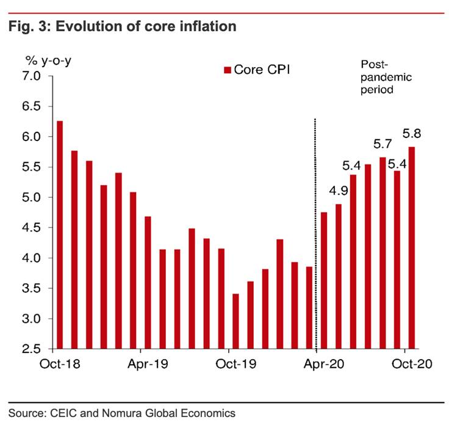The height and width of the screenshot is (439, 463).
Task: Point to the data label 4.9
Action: pos(338,190)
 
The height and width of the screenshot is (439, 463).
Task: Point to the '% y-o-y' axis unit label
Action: pos(46,60)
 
